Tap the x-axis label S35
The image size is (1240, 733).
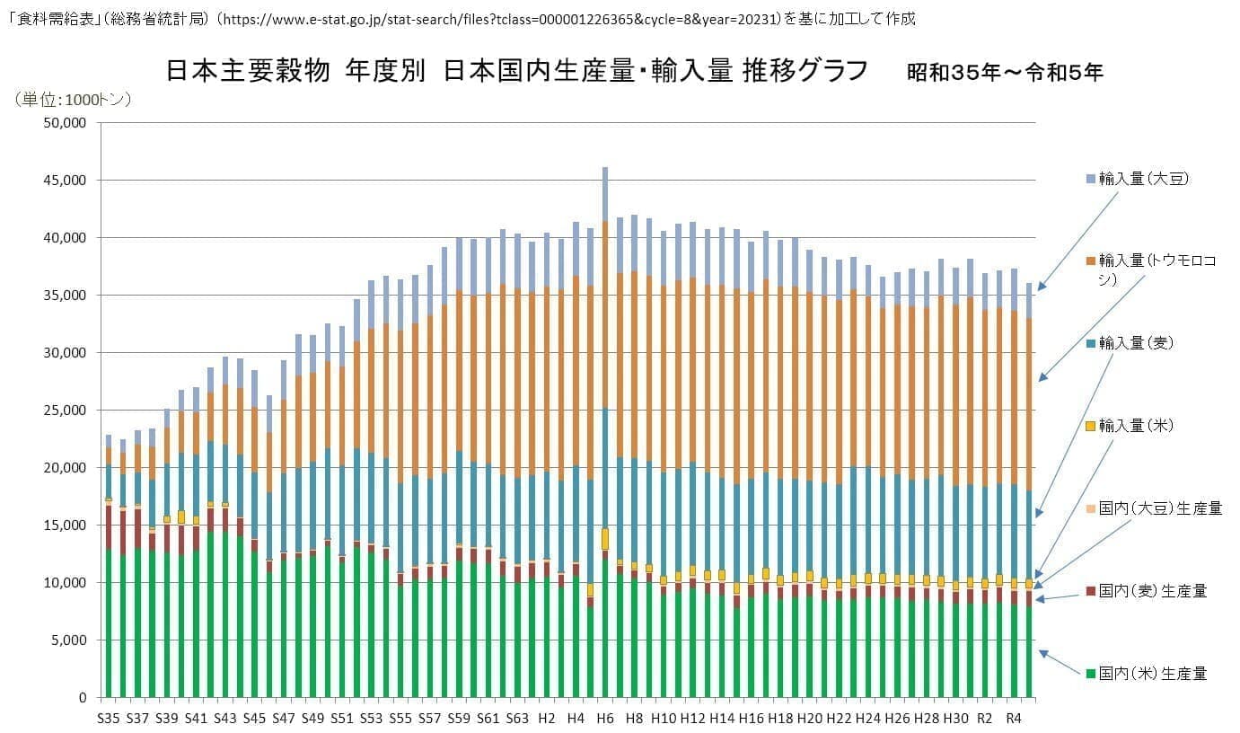click(x=109, y=719)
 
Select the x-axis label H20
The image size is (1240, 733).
click(x=810, y=719)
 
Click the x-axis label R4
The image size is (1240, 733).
click(x=1014, y=719)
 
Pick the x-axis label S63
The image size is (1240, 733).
click(x=517, y=719)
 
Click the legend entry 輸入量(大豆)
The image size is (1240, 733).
click(x=1137, y=179)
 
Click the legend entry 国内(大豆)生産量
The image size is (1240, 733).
click(x=1153, y=508)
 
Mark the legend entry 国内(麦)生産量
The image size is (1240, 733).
click(x=1146, y=590)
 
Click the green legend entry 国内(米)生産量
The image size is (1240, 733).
click(x=1146, y=673)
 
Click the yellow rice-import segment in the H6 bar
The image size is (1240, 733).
click(x=605, y=539)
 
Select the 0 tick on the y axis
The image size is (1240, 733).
click(x=82, y=698)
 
